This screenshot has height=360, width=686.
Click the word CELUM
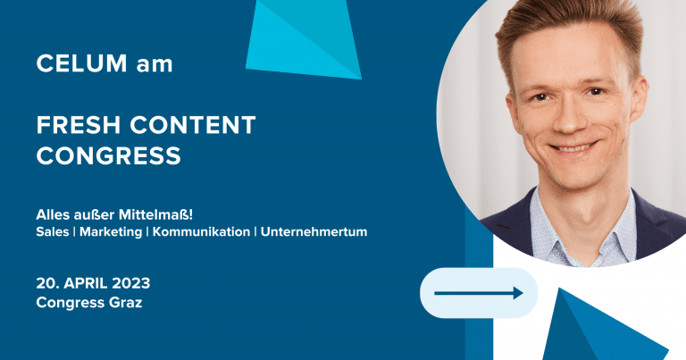click(81, 63)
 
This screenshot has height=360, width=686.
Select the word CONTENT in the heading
click(193, 125)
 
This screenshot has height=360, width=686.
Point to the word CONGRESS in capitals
click(108, 155)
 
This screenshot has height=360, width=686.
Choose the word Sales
click(53, 232)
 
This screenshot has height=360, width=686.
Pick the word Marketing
click(111, 232)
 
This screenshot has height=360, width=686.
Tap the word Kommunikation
click(201, 232)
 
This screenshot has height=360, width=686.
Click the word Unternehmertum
click(314, 232)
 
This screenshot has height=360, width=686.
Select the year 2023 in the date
click(130, 283)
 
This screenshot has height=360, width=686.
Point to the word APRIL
click(86, 283)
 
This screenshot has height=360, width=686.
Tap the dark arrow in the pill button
click(478, 293)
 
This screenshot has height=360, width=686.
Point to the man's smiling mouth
click(573, 148)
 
